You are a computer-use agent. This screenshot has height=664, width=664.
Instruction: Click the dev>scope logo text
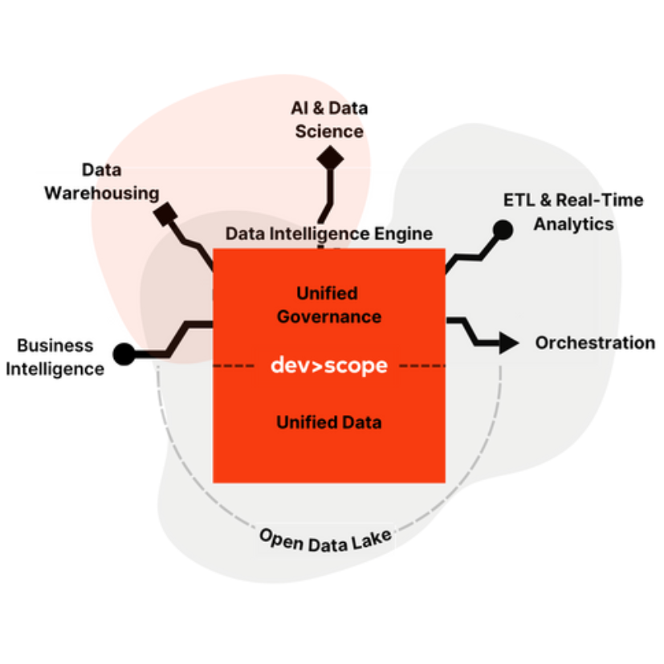pos(328,366)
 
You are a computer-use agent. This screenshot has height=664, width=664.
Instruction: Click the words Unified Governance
pos(328,305)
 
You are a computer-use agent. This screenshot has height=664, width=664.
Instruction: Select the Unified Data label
pos(328,422)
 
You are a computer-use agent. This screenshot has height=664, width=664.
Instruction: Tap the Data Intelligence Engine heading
pos(328,234)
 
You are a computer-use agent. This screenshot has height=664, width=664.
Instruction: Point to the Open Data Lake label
pos(325,540)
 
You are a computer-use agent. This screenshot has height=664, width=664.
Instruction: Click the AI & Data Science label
pos(329,120)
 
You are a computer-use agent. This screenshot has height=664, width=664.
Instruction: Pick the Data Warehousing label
pos(101,183)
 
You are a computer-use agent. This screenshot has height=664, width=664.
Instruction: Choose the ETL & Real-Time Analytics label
pos(562,212)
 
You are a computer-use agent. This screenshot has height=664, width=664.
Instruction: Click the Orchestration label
pos(579,343)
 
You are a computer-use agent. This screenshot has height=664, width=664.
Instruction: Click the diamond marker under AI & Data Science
pos(330,157)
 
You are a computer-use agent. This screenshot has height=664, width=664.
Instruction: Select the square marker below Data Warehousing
pos(166,214)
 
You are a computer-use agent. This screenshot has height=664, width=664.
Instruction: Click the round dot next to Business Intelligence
pos(124,353)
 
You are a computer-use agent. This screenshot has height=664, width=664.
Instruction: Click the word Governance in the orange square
pos(328,316)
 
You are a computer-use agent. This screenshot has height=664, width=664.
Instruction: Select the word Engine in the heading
pos(403,234)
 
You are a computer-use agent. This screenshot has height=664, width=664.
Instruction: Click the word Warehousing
pos(101,193)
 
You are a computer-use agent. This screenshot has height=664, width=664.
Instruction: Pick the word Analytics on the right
pos(573,223)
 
